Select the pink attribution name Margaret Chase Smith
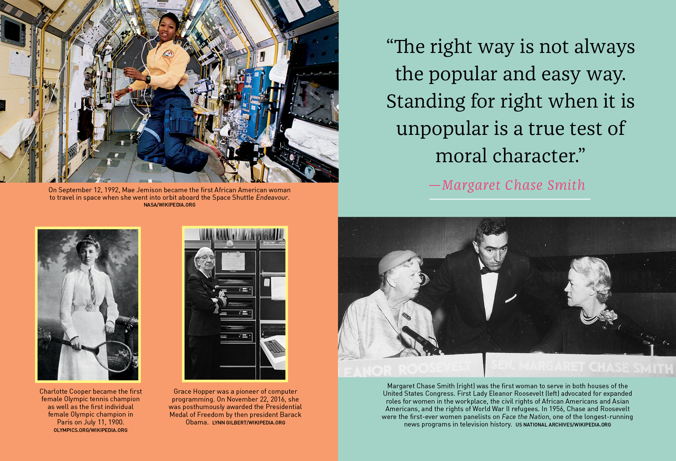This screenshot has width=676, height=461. [x=513, y=185]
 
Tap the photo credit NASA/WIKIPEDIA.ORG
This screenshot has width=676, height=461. [x=170, y=205]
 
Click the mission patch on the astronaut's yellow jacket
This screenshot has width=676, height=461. [x=168, y=54]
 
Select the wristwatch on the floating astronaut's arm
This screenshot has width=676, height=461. [x=148, y=79]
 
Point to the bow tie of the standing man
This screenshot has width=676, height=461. [x=488, y=271]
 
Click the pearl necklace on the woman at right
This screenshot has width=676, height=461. [x=591, y=318]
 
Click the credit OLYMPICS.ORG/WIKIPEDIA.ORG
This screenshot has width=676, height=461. [x=90, y=430]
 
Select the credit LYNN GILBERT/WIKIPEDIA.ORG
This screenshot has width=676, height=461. [x=249, y=423]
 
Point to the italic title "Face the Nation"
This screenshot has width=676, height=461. [x=525, y=417]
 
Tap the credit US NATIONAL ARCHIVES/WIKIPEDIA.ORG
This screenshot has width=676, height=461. [x=563, y=425]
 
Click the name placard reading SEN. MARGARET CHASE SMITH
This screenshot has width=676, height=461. [x=580, y=365]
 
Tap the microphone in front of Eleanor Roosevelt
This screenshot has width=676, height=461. [x=421, y=340]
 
